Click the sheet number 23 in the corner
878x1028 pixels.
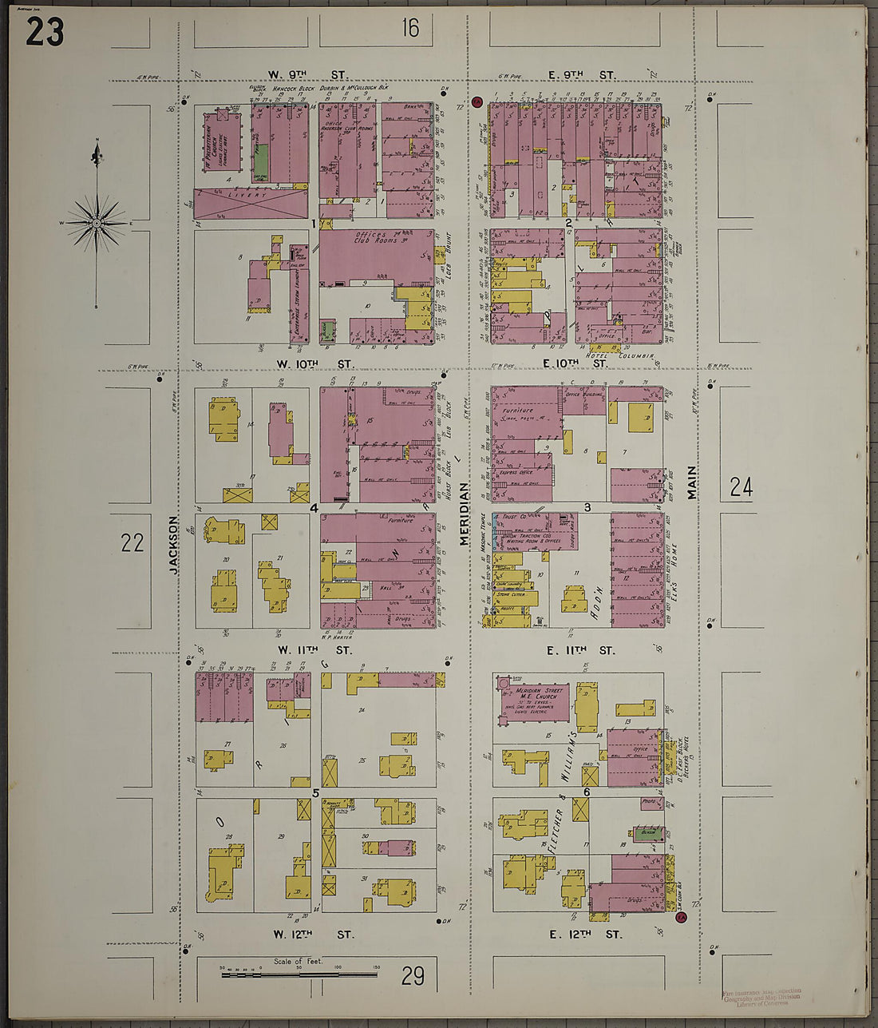coord(45,31)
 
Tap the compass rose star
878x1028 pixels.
coord(97,223)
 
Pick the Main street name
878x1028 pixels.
coord(691,483)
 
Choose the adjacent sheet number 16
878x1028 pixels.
coord(410,29)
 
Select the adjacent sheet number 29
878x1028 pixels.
coord(413,975)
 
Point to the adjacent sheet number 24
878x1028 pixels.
coord(741,486)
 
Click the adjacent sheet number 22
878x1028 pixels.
coord(132,543)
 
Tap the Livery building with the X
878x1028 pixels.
coord(251,203)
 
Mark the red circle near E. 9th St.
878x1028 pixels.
coord(477,101)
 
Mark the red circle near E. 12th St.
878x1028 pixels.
coord(680,918)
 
